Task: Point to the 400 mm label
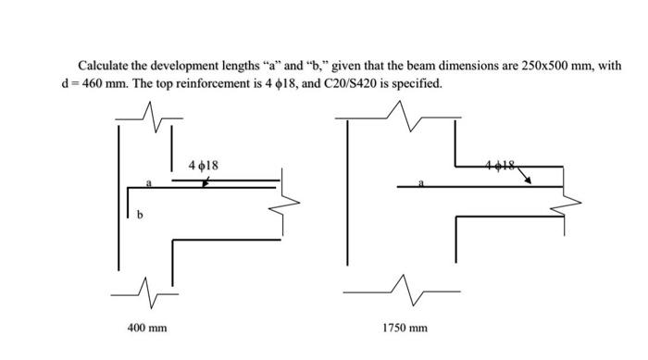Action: [x=147, y=328]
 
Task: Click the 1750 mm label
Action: [x=405, y=328]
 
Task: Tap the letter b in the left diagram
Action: [x=141, y=217]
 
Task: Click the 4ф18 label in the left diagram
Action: [x=203, y=166]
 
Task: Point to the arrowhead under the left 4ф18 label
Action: [x=206, y=184]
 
